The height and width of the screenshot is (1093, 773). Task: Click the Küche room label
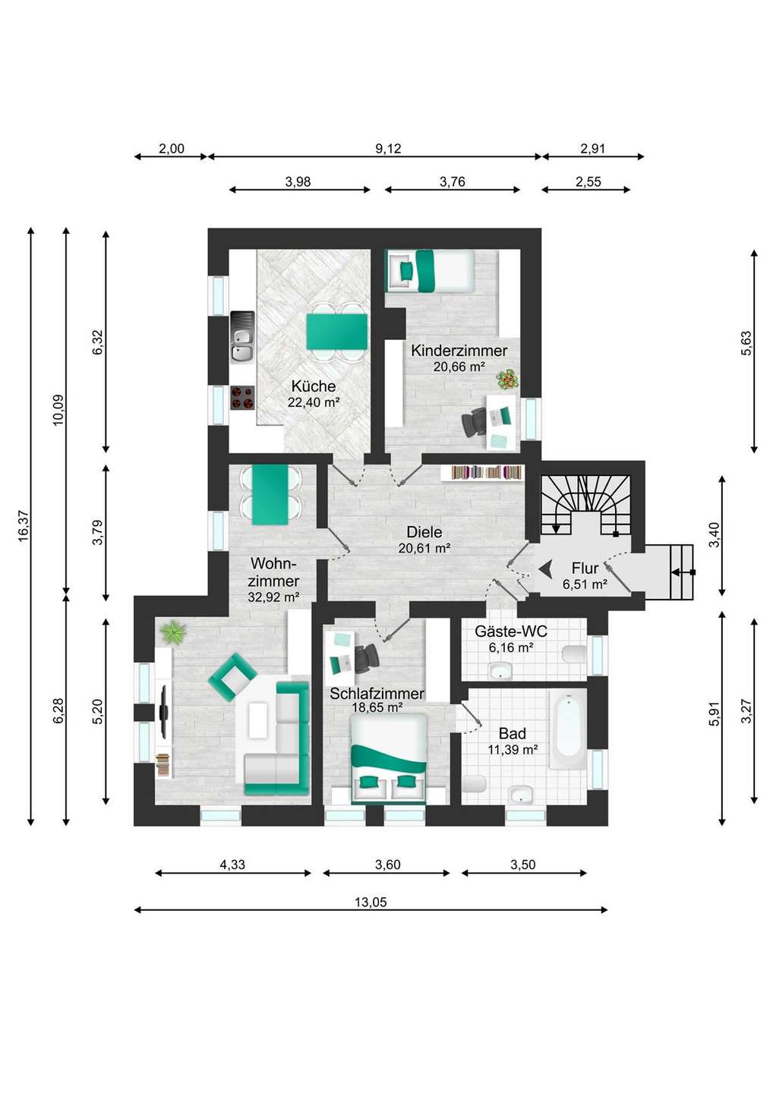click(313, 386)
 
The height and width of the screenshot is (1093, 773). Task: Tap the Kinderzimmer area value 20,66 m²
click(459, 367)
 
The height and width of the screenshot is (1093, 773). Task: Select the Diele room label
click(424, 532)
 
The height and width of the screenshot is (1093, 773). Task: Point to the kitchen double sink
click(242, 335)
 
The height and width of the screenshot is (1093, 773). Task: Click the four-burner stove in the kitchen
click(242, 398)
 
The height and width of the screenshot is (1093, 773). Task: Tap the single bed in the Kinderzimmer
click(430, 270)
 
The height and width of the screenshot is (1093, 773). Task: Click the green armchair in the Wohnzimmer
click(232, 676)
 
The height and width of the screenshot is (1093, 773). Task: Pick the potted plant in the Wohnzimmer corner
click(173, 632)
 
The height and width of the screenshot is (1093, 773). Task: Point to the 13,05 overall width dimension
click(370, 902)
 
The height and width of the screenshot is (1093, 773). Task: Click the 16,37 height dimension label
click(24, 525)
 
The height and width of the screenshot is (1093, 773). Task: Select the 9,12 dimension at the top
click(388, 149)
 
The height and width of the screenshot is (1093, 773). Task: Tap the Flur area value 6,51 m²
click(584, 584)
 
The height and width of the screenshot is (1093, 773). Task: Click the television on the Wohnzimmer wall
click(163, 710)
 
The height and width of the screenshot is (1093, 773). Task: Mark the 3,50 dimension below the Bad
click(523, 865)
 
